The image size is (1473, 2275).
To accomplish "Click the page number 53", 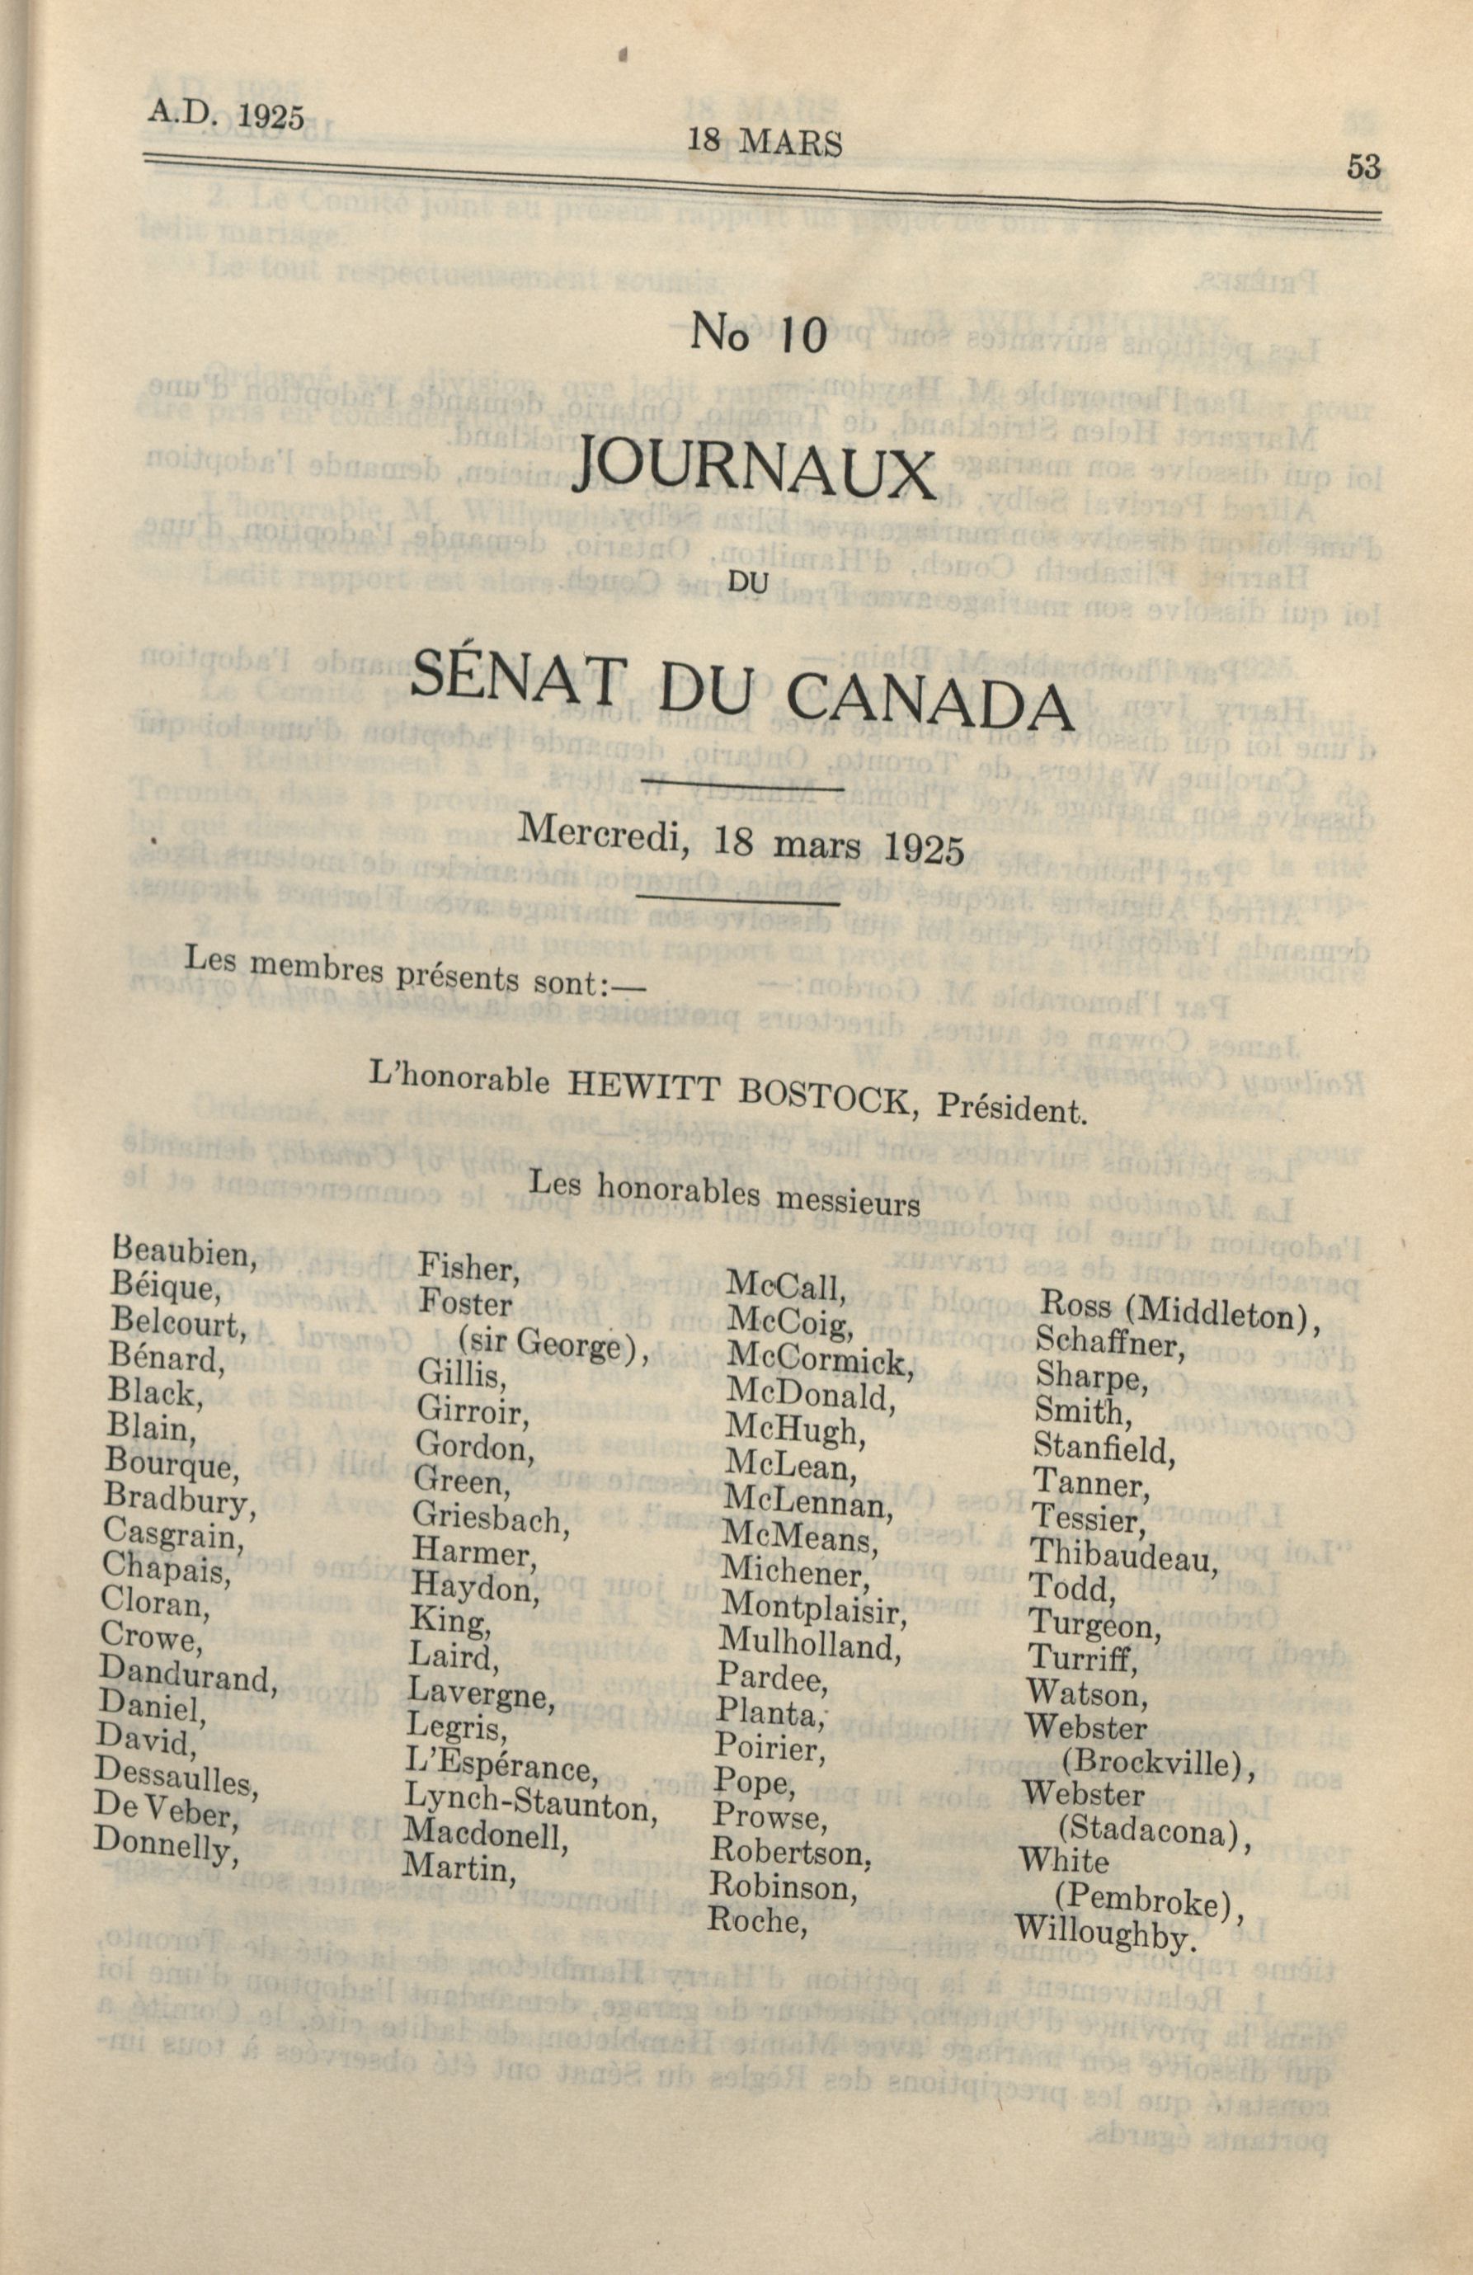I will pyautogui.click(x=1362, y=167).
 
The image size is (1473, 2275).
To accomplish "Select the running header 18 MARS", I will pyautogui.click(x=765, y=144).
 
